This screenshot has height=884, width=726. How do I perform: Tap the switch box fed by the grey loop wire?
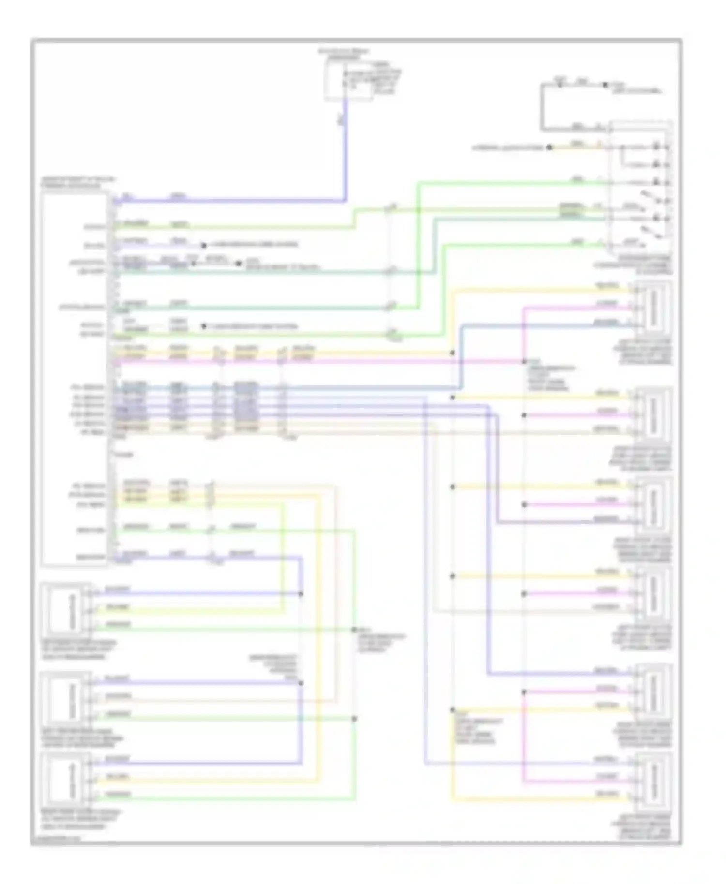[640, 189]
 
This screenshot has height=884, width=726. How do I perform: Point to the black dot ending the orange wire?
[549, 147]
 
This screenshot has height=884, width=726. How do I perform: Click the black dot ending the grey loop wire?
[605, 85]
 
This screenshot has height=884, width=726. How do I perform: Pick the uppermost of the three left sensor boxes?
[67, 610]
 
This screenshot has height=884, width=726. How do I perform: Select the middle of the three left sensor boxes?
[67, 699]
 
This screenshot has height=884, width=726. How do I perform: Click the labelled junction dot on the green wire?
[355, 630]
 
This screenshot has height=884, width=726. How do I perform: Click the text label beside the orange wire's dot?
[508, 147]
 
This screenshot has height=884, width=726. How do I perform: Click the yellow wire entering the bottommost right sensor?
[532, 799]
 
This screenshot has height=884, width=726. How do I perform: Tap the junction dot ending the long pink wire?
[524, 361]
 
